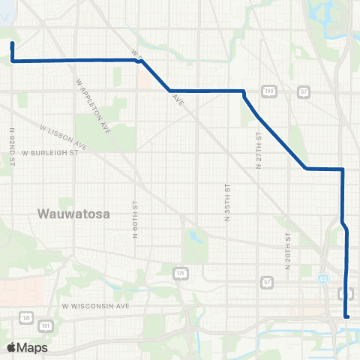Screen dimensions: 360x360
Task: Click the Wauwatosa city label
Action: coord(73,214)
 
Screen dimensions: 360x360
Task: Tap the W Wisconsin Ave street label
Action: coord(96,306)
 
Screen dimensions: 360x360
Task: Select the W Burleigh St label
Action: coord(50,153)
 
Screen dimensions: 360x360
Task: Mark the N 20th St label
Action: coord(288,247)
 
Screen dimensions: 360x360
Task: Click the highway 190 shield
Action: coord(269,91)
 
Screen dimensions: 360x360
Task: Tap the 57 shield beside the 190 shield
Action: coord(304,91)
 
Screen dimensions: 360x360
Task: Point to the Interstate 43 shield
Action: coord(322,278)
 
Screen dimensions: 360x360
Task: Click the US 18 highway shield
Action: coord(28,318)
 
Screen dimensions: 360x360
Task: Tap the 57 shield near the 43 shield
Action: coord(268,281)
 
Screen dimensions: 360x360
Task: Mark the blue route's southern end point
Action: coord(346,316)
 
